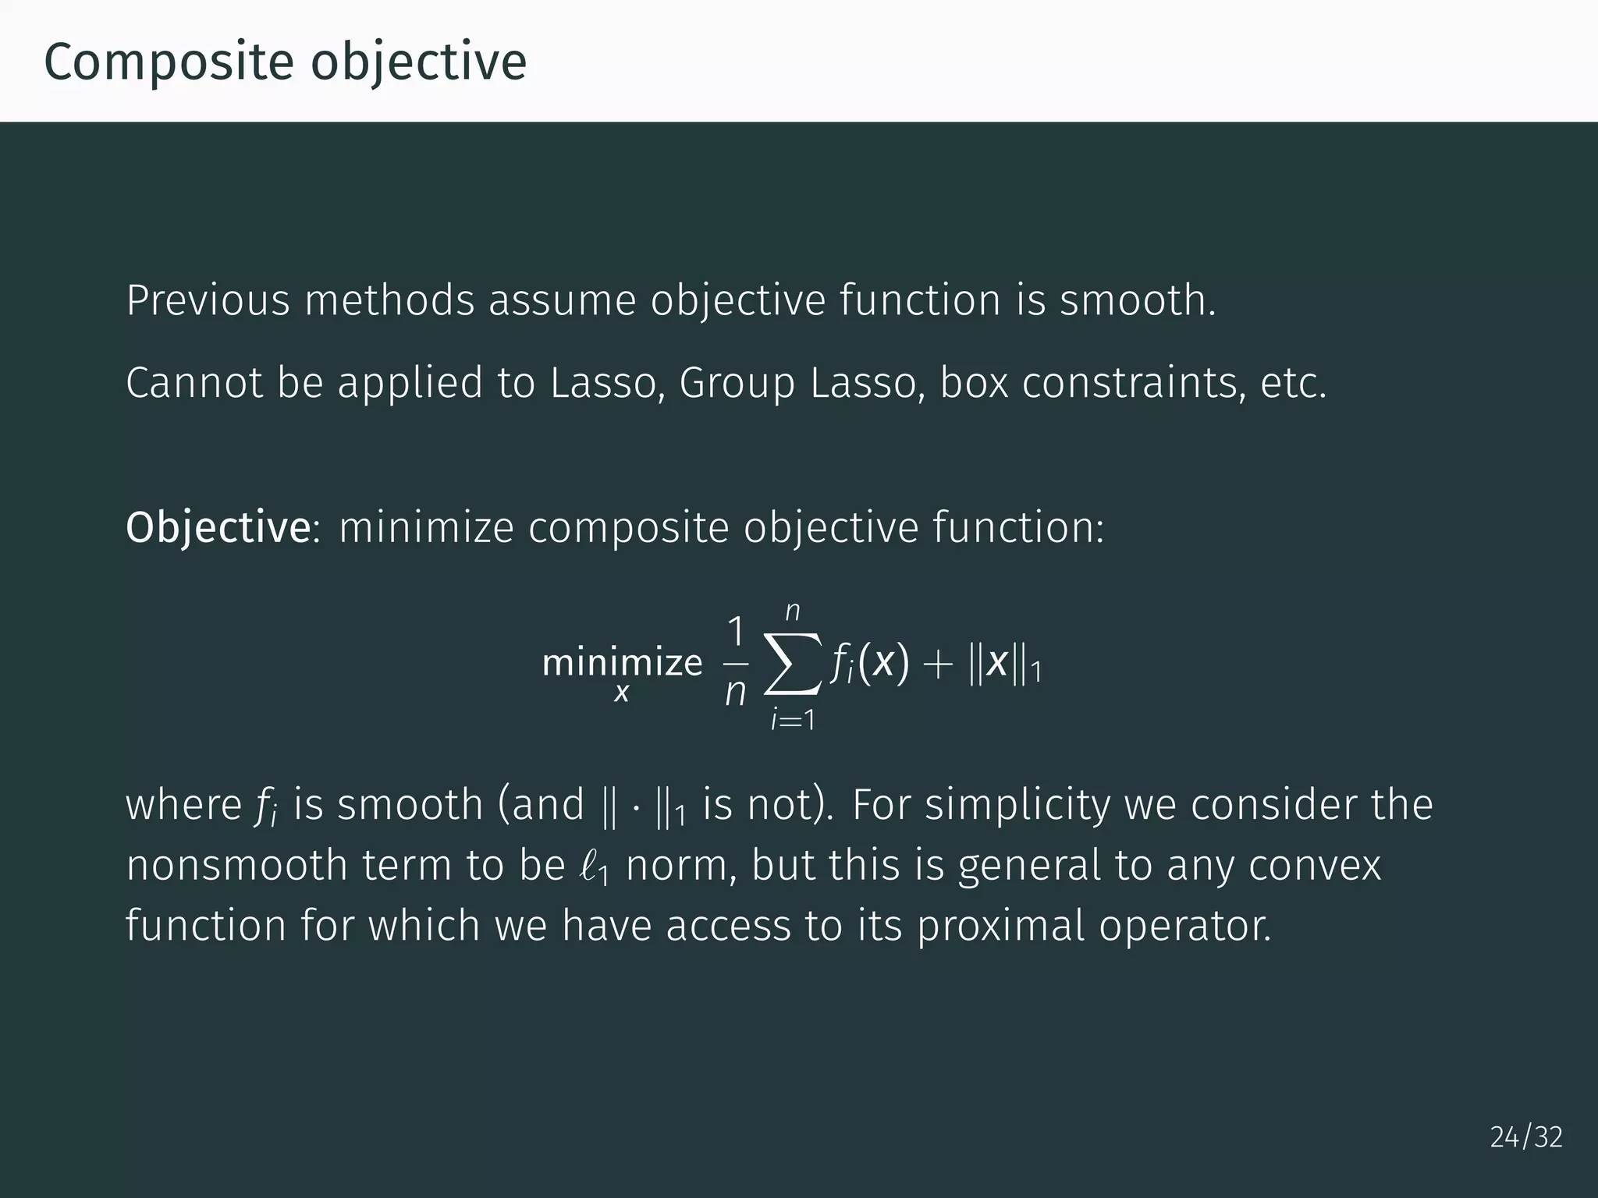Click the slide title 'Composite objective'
[x=285, y=62]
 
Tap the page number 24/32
[x=1526, y=1137]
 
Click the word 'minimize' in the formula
[x=622, y=663]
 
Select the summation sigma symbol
[x=793, y=665]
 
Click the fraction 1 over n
[x=735, y=663]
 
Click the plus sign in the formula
[x=938, y=665]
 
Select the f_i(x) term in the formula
[x=869, y=665]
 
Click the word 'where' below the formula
[x=183, y=805]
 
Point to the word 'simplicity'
[x=1016, y=806]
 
